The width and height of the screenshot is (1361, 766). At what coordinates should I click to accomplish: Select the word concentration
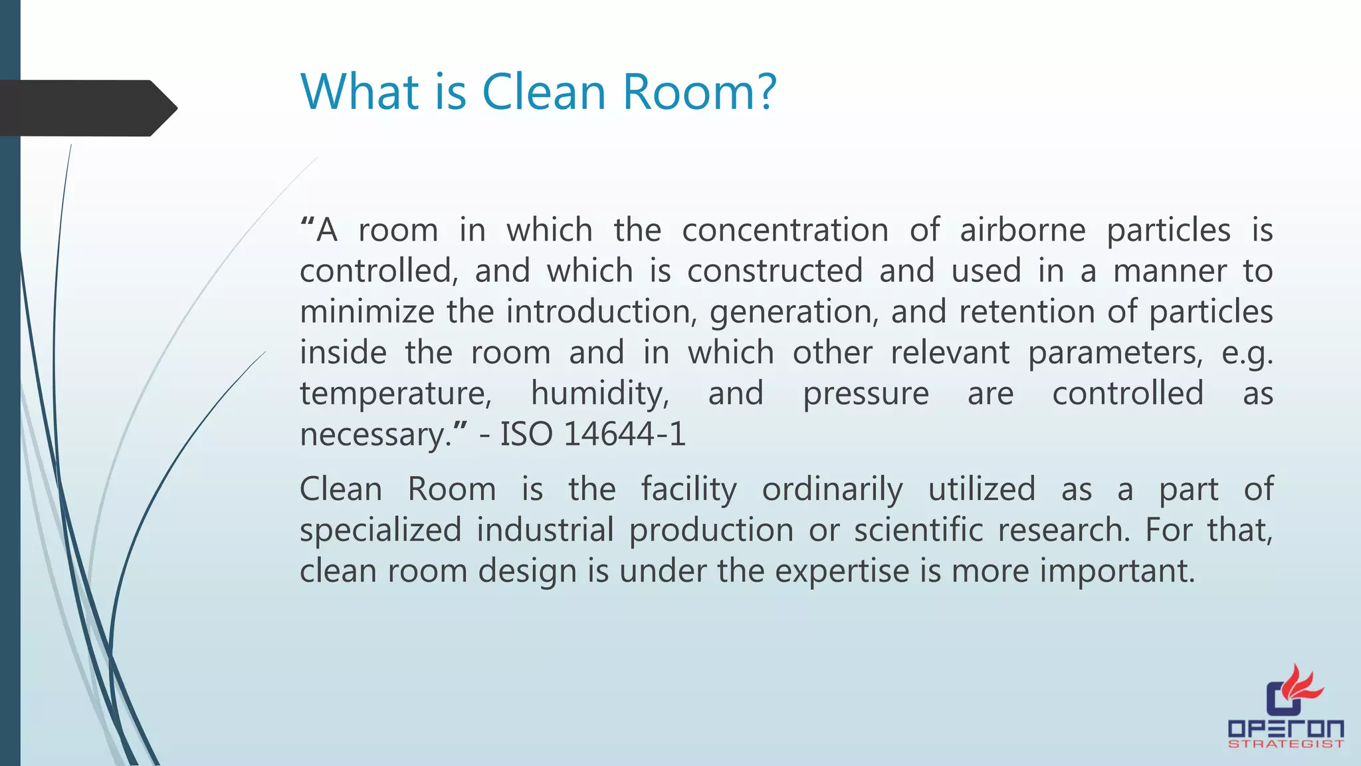(785, 231)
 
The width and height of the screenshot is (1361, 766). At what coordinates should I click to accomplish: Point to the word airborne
(1022, 231)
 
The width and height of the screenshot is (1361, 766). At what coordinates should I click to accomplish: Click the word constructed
(775, 271)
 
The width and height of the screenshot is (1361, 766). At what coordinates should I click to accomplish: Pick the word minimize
(367, 312)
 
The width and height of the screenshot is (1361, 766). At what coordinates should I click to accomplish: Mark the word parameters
(1115, 353)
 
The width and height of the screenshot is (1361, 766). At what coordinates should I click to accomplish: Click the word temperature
(395, 394)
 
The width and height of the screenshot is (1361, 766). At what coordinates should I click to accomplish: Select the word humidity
(599, 394)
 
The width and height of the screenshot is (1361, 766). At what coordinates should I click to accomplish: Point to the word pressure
(865, 394)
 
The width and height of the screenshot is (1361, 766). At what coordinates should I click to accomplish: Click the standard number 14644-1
(624, 435)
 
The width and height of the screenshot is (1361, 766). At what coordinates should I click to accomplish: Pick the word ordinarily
(832, 490)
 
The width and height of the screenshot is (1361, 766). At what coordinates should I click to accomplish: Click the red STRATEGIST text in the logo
(1286, 744)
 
